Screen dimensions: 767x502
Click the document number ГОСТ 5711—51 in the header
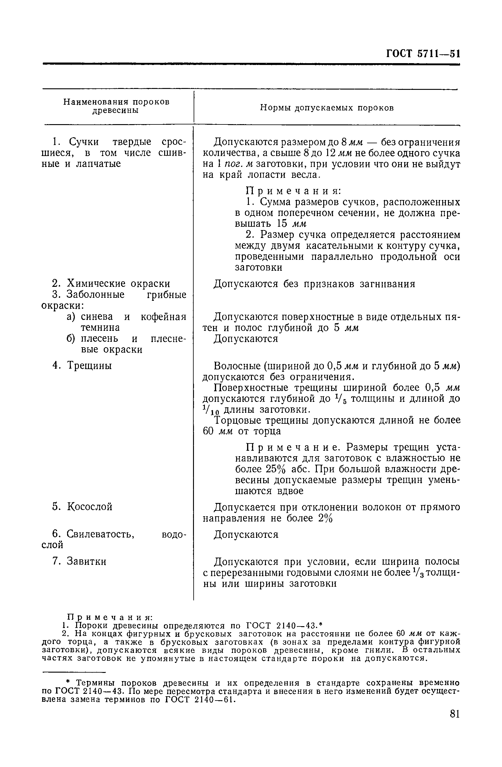[423, 53]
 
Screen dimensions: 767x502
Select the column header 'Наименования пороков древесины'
[116, 106]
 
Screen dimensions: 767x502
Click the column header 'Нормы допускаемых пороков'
[327, 108]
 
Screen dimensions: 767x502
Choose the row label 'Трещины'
[89, 365]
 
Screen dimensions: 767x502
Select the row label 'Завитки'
[86, 562]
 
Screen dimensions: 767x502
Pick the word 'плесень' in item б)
[99, 338]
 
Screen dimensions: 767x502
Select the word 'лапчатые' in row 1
[98, 164]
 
